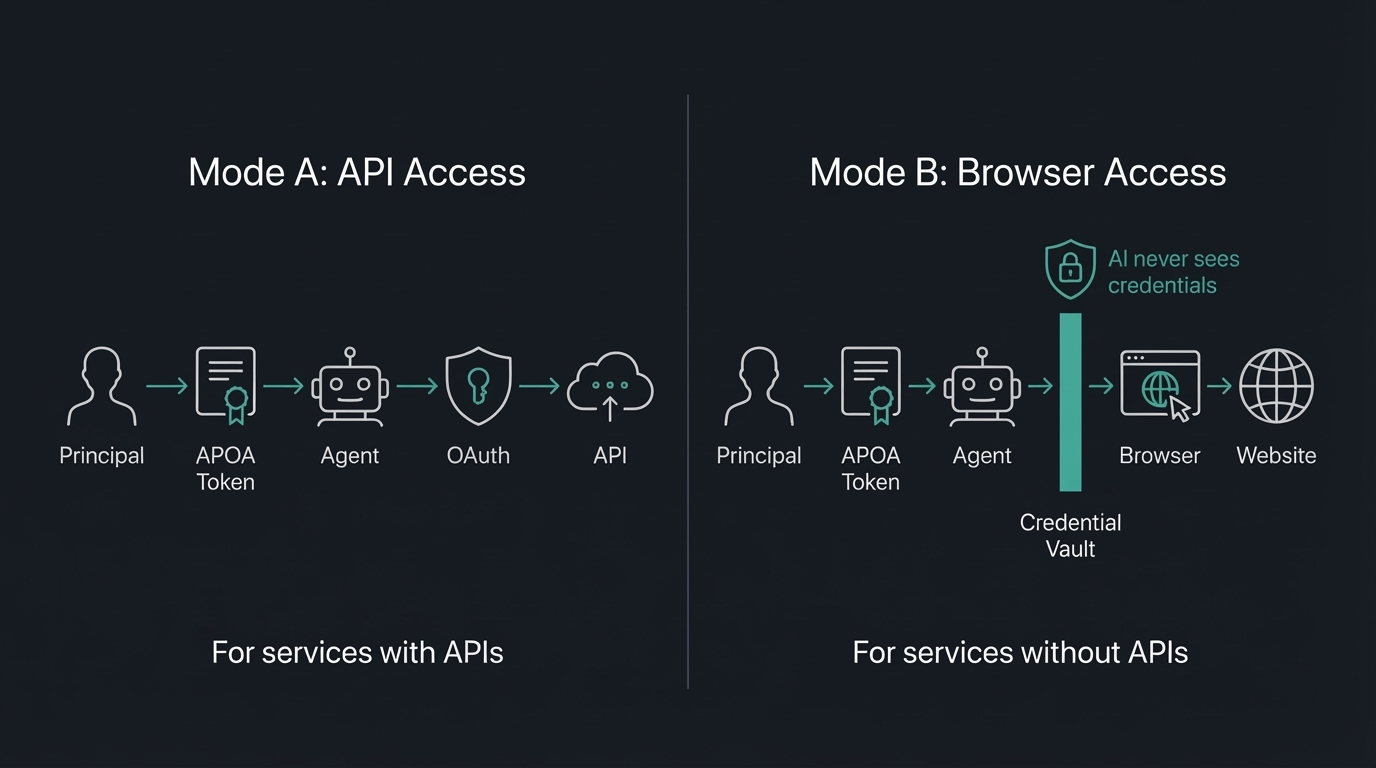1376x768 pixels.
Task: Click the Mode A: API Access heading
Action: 357,172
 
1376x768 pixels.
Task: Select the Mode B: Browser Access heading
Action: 1017,172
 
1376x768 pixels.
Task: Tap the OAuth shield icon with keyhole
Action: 478,386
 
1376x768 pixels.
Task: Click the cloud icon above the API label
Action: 610,386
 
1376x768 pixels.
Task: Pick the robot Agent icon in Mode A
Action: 349,387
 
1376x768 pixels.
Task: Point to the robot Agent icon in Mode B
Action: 982,387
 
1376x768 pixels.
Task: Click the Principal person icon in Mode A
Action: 102,387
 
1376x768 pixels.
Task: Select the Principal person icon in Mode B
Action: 758,387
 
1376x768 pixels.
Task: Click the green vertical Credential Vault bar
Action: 1070,402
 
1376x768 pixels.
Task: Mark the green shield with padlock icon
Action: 1070,268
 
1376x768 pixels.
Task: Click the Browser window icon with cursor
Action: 1160,385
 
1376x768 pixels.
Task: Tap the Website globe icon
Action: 1276,386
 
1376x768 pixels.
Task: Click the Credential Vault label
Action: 1070,535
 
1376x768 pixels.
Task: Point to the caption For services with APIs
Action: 357,653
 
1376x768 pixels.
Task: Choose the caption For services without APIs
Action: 1019,653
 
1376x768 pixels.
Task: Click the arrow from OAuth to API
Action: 540,386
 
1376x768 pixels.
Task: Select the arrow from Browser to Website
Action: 1218,386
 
